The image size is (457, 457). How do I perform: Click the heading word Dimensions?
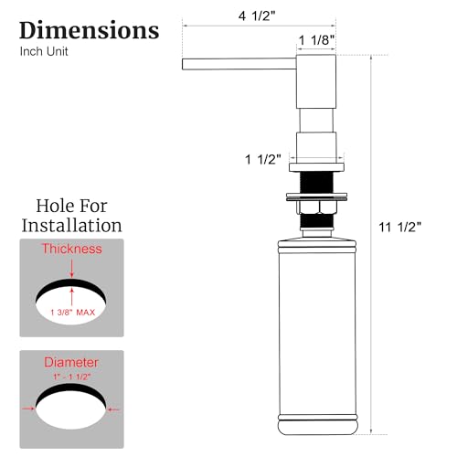click(89, 29)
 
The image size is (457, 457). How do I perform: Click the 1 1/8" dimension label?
click(316, 39)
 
